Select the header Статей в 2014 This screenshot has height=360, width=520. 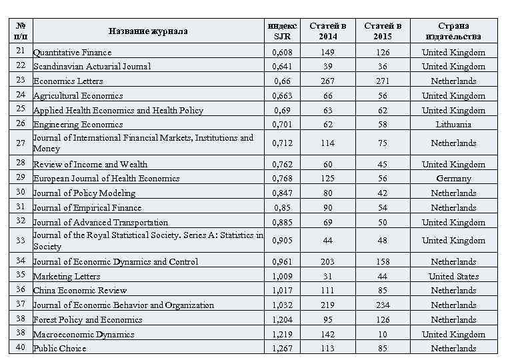(327, 31)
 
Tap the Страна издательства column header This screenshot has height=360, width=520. (453, 31)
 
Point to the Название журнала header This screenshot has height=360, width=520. (148, 31)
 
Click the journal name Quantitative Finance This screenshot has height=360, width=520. (73, 52)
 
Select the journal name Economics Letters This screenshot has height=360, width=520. (69, 81)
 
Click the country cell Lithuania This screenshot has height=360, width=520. (453, 125)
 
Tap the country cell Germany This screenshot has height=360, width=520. (453, 179)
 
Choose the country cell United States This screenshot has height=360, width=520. (453, 276)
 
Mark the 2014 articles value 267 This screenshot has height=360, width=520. (327, 81)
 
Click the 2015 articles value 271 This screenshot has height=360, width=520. (383, 81)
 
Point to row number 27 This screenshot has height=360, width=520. (20, 143)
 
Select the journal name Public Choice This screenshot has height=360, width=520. (60, 349)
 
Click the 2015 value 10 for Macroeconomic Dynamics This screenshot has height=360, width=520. (383, 334)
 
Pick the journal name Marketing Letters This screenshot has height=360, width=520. (67, 276)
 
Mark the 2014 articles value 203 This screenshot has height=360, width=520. (327, 262)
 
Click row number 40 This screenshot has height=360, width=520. (20, 347)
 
